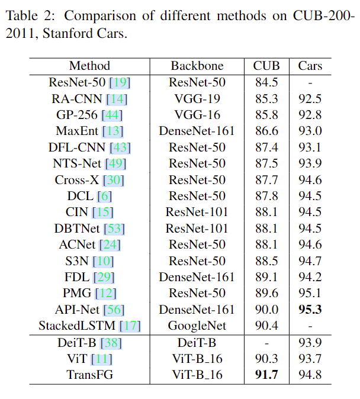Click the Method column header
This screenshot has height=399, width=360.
89,66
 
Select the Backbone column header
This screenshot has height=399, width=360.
197,66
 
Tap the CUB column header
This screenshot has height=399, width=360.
266,66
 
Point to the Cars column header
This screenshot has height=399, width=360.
310,66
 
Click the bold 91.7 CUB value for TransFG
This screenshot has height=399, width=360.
266,374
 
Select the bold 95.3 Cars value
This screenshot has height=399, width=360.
310,309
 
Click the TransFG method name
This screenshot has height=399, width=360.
89,374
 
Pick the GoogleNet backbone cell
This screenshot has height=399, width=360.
197,326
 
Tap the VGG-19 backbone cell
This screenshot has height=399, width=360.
197,98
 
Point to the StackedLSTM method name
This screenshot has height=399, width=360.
78,326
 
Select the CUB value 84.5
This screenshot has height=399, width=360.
266,82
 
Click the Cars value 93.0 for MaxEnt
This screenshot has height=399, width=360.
310,131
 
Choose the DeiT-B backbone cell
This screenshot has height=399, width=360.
197,342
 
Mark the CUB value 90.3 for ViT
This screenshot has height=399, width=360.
266,358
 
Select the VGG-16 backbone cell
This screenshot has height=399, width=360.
197,115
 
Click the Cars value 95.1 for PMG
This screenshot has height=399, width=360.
310,293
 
